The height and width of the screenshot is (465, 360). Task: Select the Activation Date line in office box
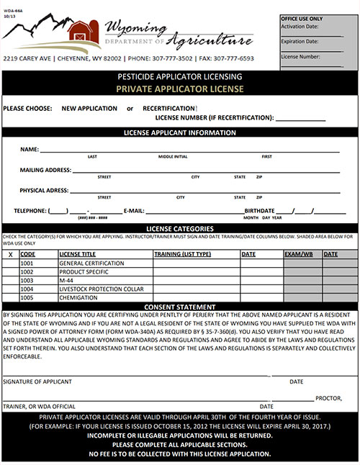[311, 33]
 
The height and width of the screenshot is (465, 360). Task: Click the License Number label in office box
[301, 55]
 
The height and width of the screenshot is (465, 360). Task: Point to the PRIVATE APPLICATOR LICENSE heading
[179, 89]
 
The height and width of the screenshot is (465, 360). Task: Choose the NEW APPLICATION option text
[89, 108]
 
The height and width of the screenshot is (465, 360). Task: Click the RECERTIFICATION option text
[168, 108]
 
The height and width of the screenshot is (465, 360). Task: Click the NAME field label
[29, 149]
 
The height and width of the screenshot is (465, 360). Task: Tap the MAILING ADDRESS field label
[46, 170]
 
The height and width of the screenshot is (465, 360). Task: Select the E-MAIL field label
[135, 211]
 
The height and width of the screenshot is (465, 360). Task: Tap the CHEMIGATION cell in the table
[78, 297]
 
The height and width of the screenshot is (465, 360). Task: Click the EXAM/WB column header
[298, 254]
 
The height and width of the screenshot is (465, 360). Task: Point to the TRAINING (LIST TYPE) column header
[183, 254]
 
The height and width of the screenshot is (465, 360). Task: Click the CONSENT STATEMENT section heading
[179, 307]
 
